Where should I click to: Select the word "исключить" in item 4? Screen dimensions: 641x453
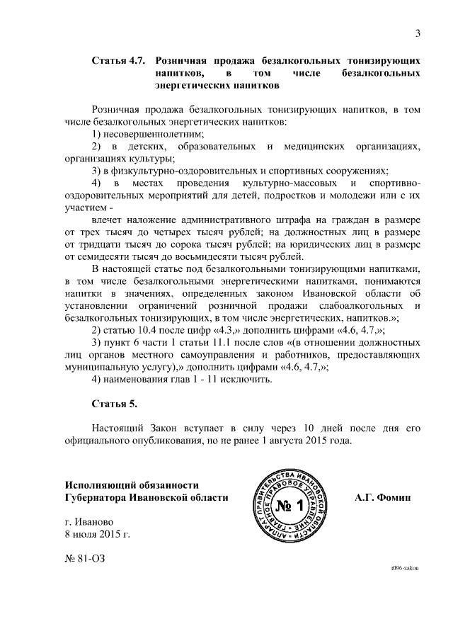(246, 379)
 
